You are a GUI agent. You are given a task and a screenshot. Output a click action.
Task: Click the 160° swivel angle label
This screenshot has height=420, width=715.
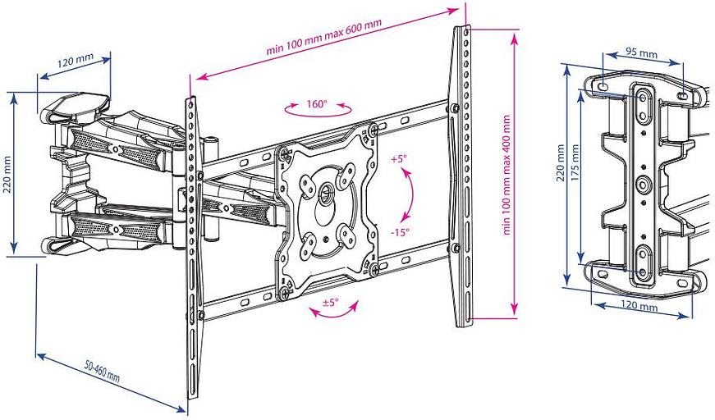coord(316,104)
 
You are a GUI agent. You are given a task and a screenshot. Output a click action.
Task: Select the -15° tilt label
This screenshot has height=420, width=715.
coord(400,232)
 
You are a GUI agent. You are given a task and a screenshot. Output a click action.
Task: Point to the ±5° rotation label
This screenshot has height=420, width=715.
coord(330,302)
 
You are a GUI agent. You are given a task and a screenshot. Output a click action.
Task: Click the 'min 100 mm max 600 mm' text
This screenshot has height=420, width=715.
coord(324,38)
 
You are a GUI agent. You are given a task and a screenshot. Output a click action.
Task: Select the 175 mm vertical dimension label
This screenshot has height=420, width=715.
coord(575,176)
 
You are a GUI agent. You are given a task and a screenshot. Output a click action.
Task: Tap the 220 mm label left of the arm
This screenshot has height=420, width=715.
coord(7,174)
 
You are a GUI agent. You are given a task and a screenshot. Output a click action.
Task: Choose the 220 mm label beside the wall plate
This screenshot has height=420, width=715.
coord(561,176)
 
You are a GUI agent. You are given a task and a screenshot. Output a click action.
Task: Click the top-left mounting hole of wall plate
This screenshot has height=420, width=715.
coord(603,85)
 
